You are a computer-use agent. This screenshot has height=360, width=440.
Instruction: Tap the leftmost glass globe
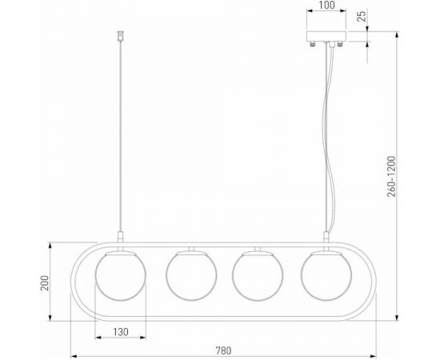coord(121,277)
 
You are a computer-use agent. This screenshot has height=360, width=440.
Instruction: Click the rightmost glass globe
coord(326,277)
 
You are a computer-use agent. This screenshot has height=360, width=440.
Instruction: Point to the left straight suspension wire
coord(121,136)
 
